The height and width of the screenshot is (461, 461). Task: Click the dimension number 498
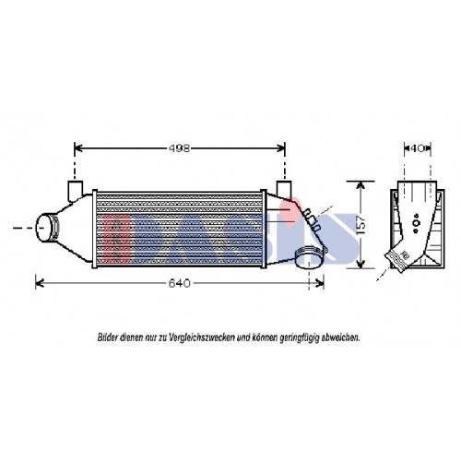click(181, 147)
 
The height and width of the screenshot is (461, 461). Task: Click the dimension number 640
click(181, 283)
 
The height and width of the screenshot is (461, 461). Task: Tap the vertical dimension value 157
click(366, 223)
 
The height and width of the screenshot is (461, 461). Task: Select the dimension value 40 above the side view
click(418, 147)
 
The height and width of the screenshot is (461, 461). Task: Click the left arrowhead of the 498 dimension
click(77, 147)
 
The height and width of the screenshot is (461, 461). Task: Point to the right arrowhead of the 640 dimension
click(325, 283)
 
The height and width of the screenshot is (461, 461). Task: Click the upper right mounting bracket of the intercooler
click(283, 190)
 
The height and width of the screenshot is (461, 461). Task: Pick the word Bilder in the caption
click(109, 338)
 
